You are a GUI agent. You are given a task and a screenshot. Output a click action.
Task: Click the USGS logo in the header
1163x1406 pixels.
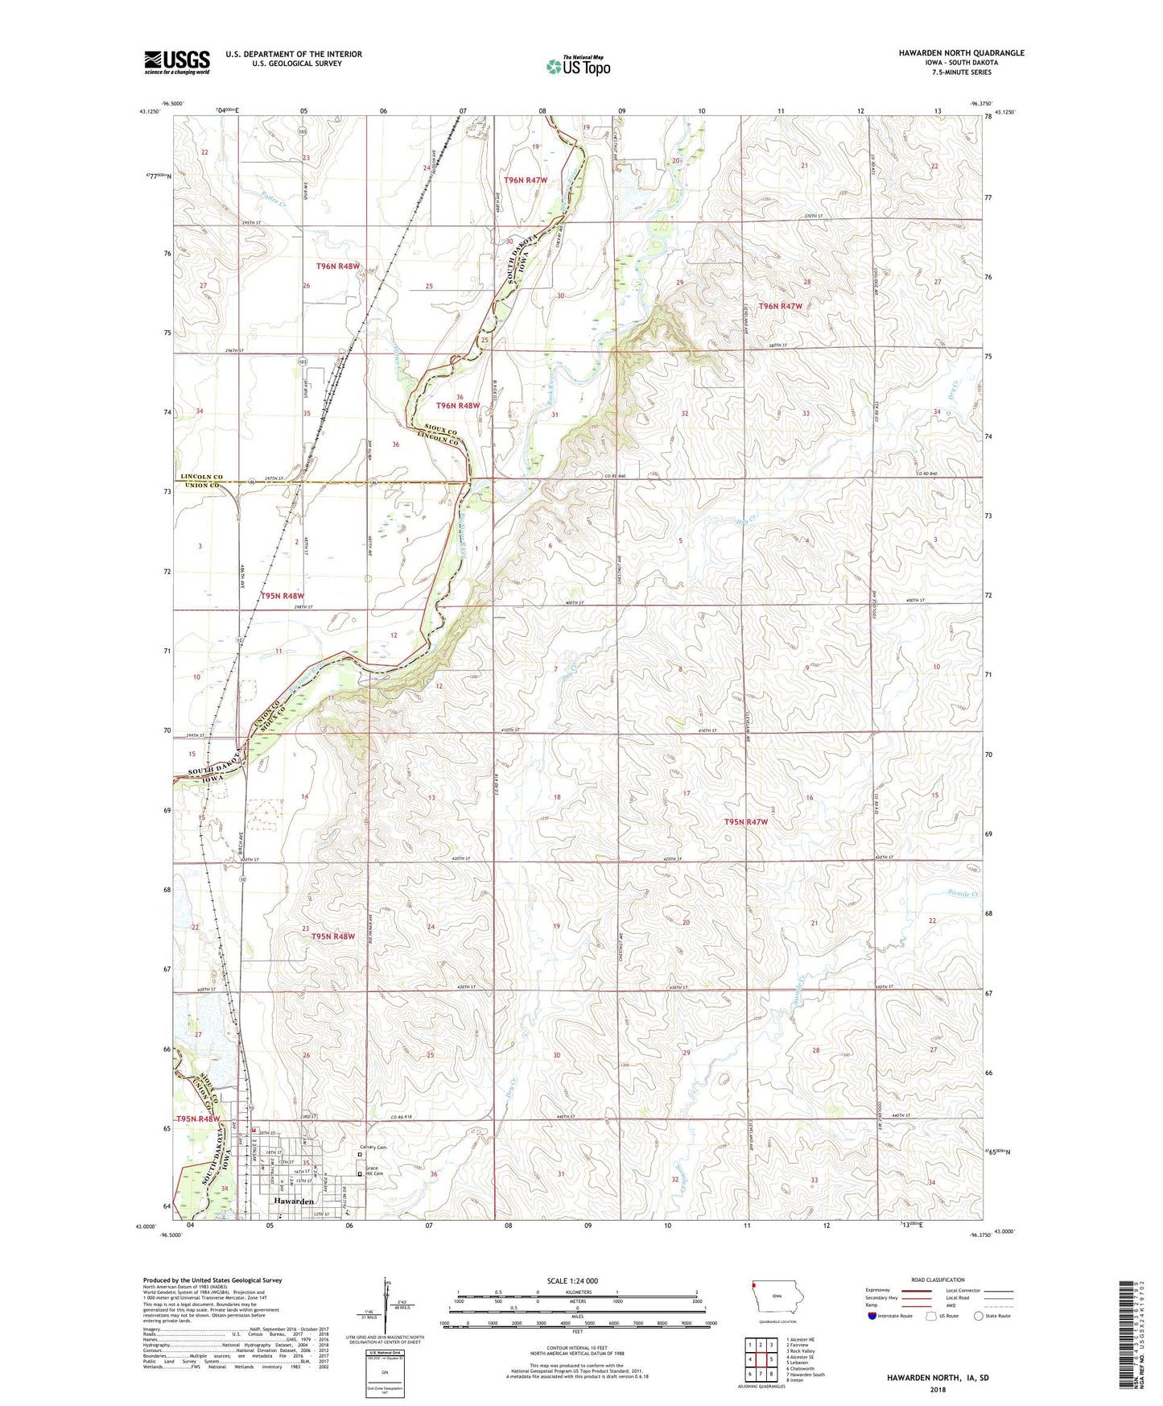point(176,62)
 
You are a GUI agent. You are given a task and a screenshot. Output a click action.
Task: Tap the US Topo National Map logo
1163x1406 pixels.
point(577,66)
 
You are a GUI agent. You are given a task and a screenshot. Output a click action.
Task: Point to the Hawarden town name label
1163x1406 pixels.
point(293,1201)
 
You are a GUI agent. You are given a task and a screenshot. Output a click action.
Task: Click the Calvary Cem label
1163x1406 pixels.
point(373,1148)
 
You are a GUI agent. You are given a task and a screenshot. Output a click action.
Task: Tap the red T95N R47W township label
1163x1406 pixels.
point(745,822)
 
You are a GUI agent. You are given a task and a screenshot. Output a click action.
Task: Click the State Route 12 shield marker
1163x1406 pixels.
point(240,639)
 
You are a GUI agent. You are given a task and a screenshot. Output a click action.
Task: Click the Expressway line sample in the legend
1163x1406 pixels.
point(917,1290)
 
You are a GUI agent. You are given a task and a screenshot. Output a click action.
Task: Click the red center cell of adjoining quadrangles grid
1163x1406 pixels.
point(761,1359)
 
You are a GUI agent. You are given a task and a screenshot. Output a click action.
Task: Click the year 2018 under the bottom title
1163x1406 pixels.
point(938,1389)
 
